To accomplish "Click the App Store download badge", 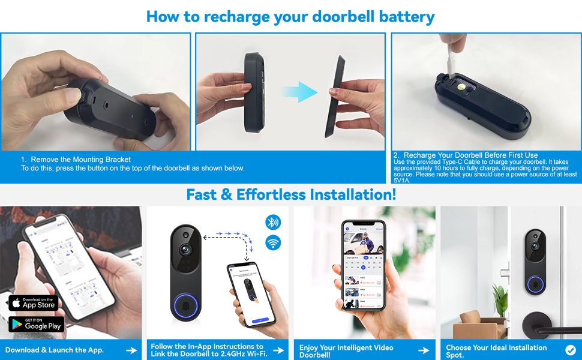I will coord(33,302).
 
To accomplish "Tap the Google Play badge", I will coord(36,324).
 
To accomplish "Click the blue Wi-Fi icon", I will coord(273,243).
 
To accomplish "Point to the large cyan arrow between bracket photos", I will coord(299,92).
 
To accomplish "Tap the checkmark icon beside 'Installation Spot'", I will coord(570,350).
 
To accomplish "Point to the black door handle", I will coord(540,321).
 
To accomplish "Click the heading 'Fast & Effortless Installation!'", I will coord(291,194).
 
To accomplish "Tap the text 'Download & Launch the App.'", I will coord(55,350).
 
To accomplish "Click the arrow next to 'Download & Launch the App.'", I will coord(131,350).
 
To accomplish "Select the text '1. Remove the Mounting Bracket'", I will coord(76,160).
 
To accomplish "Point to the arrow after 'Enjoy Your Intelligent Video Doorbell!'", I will coord(424,350).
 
